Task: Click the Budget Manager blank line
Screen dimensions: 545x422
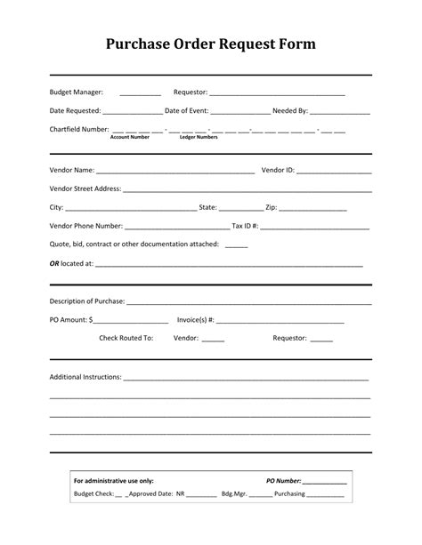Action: (140, 92)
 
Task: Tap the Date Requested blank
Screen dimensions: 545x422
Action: (133, 112)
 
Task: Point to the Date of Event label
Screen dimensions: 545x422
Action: (187, 111)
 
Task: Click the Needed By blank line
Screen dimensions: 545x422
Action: (340, 112)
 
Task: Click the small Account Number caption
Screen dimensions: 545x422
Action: (129, 138)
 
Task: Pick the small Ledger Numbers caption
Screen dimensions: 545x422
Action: (199, 138)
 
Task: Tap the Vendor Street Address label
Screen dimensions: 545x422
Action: (85, 188)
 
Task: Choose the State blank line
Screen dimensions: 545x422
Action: (241, 208)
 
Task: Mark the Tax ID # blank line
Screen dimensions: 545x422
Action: (316, 227)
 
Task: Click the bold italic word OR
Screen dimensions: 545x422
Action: (54, 263)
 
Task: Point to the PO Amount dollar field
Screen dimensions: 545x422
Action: (130, 320)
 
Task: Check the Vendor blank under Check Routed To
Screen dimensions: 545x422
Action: (214, 340)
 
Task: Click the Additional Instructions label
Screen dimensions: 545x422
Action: (85, 377)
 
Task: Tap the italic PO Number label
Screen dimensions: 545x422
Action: (284, 481)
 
